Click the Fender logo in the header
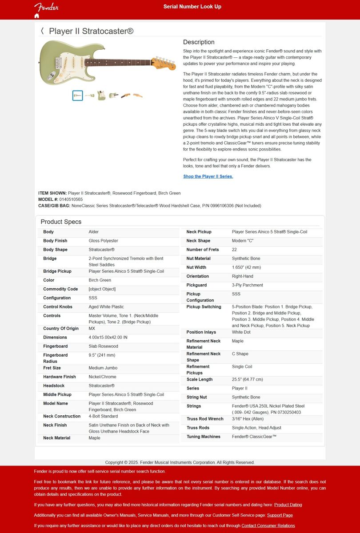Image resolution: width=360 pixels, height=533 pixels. point(46,7)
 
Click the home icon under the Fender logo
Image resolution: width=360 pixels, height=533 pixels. point(37,16)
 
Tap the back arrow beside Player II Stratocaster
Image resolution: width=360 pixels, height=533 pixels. point(42,31)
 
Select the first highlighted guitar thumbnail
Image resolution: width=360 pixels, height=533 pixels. point(78,95)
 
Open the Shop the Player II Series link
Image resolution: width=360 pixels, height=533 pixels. point(208,176)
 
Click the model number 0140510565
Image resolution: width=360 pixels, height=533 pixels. point(71,199)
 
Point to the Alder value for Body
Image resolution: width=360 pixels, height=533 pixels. point(94,232)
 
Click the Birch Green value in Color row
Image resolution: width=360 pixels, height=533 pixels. point(100,280)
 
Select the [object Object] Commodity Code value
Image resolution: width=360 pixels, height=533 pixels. point(102,289)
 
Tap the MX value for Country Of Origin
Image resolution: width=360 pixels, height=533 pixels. point(92,329)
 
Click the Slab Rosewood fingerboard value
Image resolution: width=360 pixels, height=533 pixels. point(103,346)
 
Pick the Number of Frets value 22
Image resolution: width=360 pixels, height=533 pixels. point(234,250)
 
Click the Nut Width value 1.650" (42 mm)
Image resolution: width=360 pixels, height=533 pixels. point(246,267)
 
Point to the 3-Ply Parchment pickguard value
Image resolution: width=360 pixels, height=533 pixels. point(247,285)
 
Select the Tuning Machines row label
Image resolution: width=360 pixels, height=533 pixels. point(203,437)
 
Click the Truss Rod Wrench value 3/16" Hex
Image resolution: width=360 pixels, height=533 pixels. point(248,419)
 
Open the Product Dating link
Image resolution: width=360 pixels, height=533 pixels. point(288,505)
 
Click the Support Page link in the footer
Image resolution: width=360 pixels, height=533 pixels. point(280,515)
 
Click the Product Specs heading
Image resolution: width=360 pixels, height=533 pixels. point(61,222)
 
